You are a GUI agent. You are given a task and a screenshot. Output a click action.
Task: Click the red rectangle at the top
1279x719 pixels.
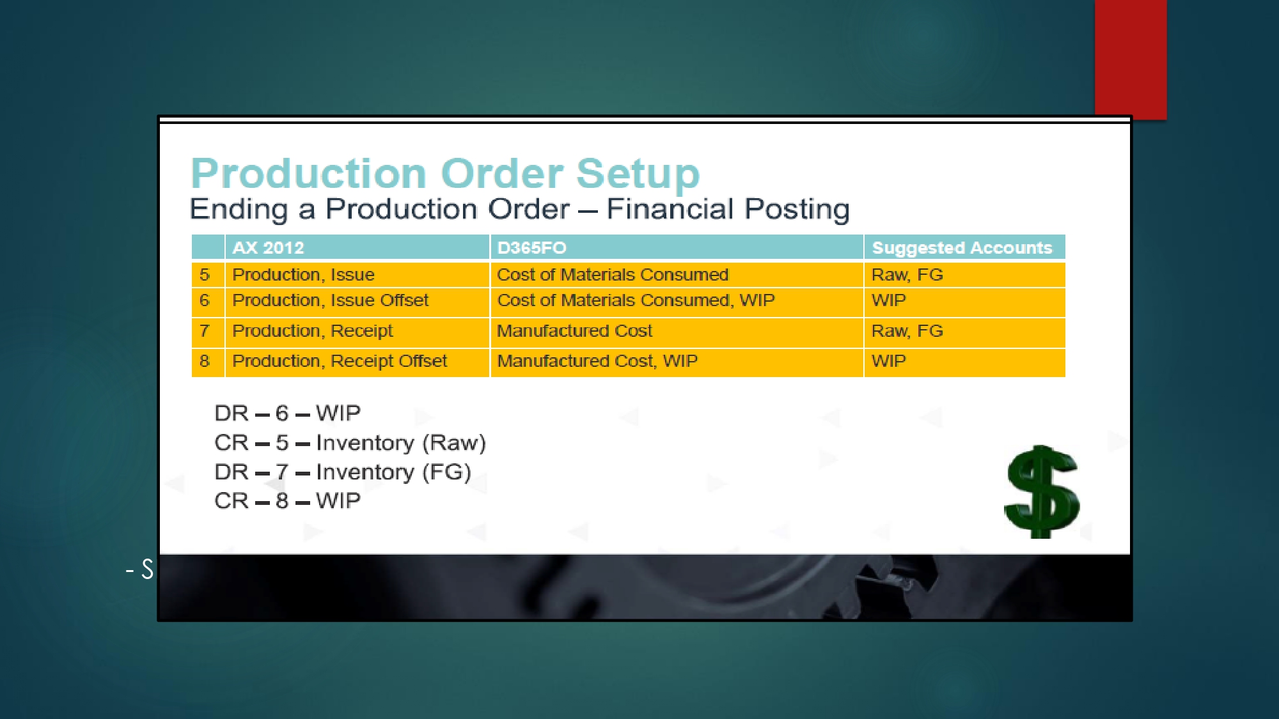click(1131, 59)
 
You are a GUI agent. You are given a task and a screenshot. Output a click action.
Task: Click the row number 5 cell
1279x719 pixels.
click(205, 275)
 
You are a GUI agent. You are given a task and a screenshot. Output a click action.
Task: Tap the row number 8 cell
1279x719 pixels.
click(205, 361)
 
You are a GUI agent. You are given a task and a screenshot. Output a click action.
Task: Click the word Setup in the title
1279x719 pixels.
click(638, 174)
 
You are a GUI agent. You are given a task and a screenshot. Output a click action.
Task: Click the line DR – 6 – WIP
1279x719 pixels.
click(287, 414)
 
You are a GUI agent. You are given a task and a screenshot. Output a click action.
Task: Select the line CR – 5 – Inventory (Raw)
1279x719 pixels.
click(350, 443)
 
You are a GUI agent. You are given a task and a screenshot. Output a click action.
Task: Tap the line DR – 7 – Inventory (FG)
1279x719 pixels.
click(343, 472)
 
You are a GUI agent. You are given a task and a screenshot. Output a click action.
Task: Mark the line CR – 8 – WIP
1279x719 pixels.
click(287, 501)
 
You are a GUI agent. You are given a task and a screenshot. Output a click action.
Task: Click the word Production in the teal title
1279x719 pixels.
click(309, 174)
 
